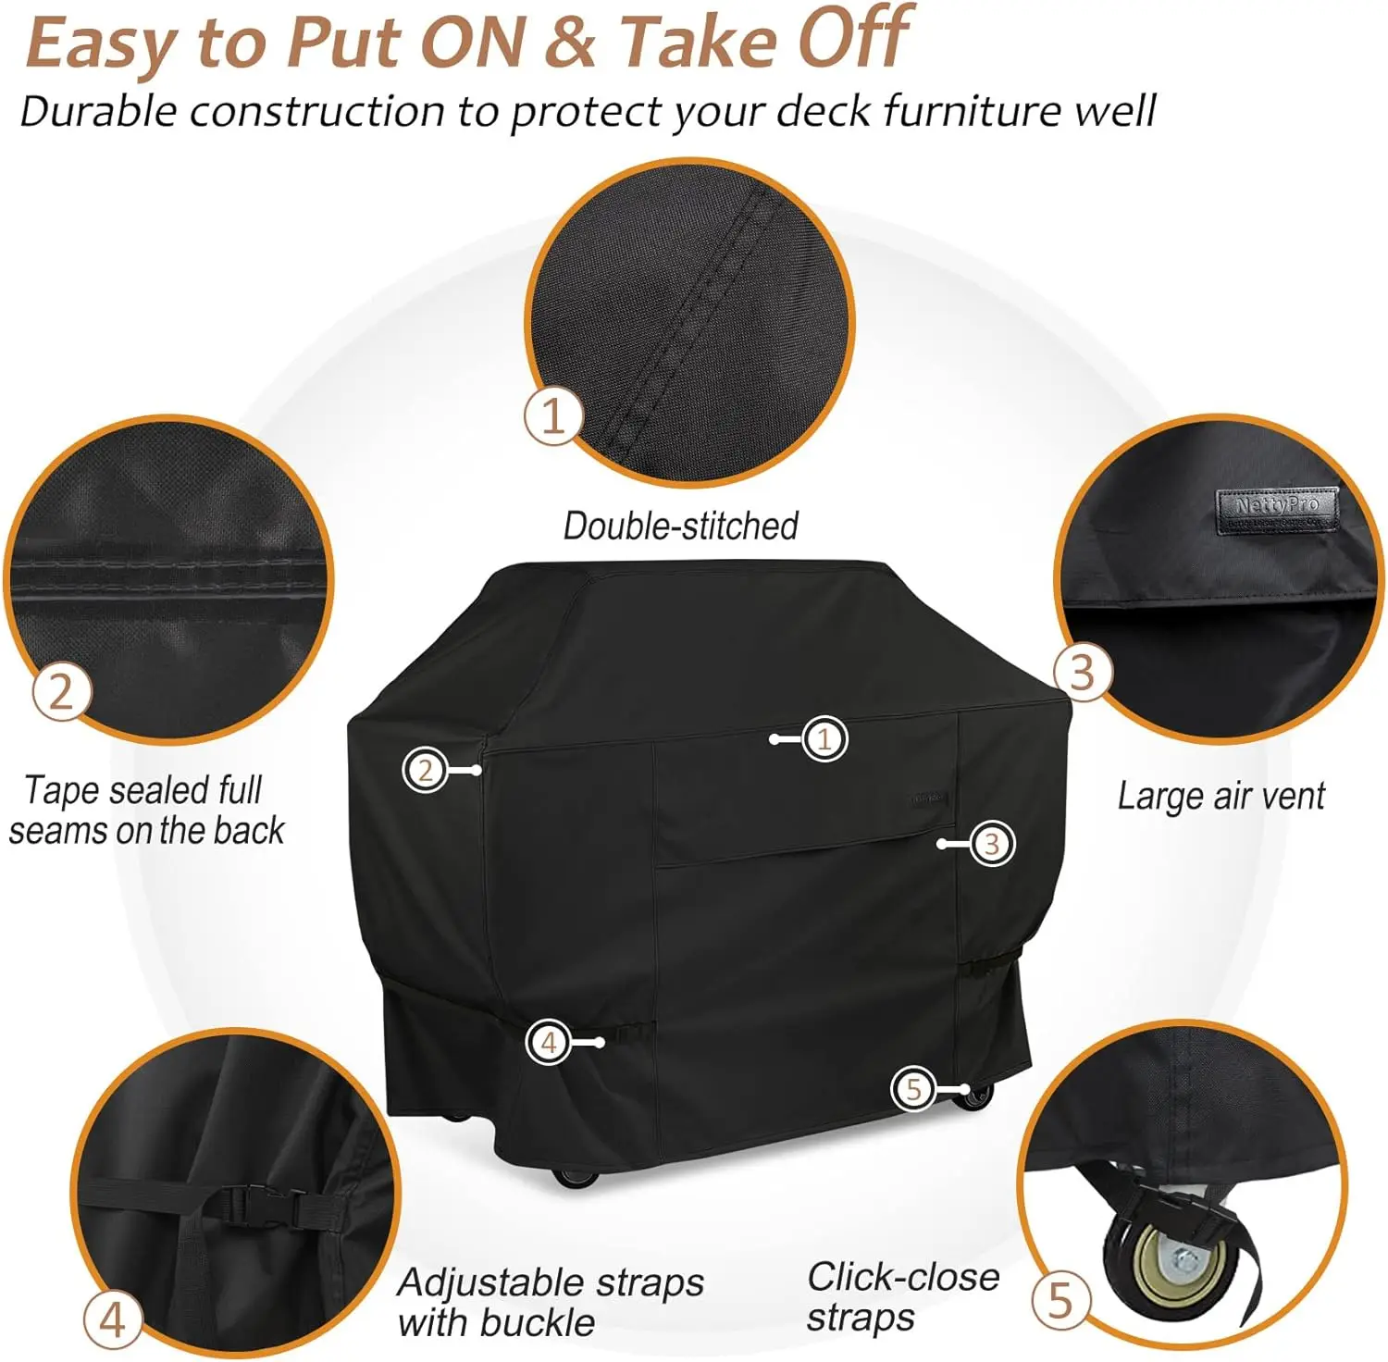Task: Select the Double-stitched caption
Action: click(x=681, y=526)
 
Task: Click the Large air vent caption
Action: click(x=1221, y=796)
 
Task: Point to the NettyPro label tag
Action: click(x=1277, y=510)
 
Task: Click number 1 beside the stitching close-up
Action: click(x=552, y=416)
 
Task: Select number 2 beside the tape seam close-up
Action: click(x=61, y=691)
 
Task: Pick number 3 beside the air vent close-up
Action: click(x=1083, y=673)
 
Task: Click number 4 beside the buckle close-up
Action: click(x=112, y=1319)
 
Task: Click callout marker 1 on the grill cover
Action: click(x=824, y=739)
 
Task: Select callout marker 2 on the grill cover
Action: click(x=425, y=770)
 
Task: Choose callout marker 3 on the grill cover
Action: click(x=992, y=844)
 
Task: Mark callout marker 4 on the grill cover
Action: click(x=549, y=1043)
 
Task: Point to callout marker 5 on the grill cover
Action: click(x=914, y=1089)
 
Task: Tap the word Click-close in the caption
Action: click(x=903, y=1278)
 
